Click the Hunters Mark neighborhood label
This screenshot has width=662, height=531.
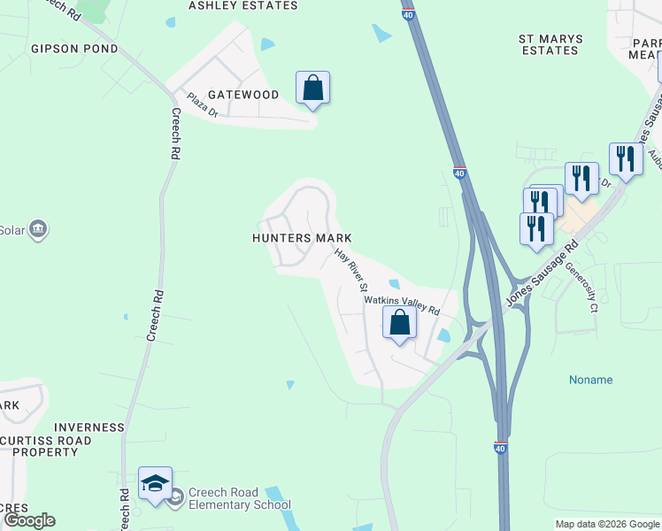click(303, 238)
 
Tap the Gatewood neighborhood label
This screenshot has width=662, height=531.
click(242, 95)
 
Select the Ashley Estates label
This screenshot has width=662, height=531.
click(242, 5)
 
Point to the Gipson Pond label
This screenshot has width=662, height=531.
click(74, 49)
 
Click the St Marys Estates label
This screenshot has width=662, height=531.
click(550, 44)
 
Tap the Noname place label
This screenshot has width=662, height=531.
click(590, 380)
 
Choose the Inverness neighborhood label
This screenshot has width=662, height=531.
click(89, 427)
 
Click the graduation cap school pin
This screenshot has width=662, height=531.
click(155, 483)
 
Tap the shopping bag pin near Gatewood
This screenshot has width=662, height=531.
click(312, 88)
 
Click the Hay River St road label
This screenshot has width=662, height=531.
click(350, 270)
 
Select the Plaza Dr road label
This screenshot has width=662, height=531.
click(202, 104)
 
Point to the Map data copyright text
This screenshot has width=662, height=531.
click(607, 524)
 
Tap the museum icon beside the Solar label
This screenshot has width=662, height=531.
click(37, 230)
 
